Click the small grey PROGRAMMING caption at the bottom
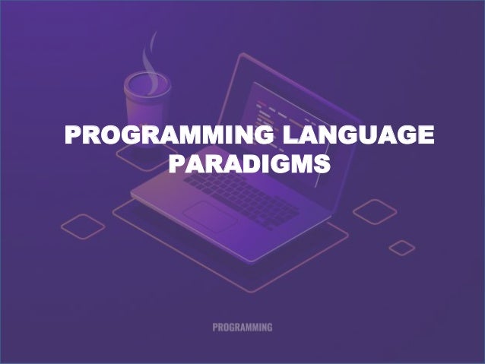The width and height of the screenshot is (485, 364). tap(242, 328)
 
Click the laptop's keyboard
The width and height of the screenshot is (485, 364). tap(251, 194)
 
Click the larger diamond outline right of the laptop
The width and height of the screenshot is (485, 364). tap(375, 212)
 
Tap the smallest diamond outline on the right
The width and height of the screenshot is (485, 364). tap(402, 248)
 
